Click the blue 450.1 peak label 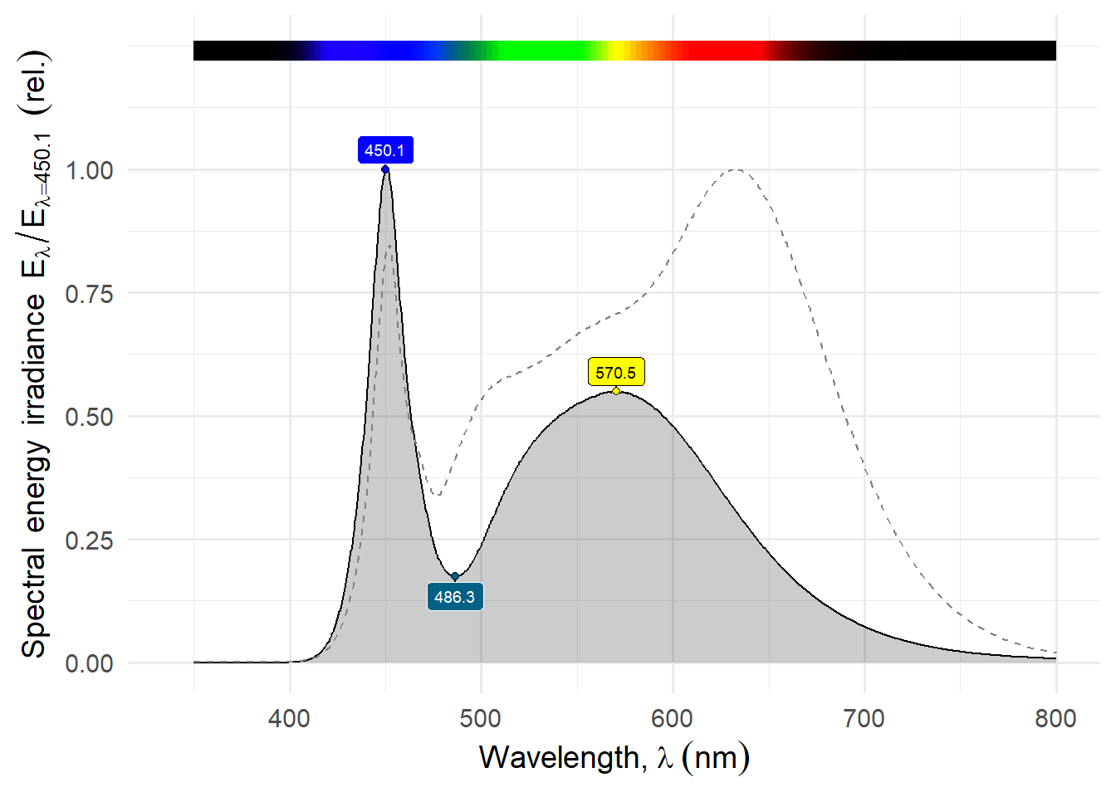385,150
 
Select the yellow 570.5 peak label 615,373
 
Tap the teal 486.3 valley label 455,597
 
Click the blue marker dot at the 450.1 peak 385,169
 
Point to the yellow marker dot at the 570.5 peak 616,391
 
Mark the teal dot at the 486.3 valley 455,576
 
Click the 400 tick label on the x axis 290,718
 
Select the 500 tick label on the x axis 481,718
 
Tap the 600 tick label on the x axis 673,718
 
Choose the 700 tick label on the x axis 864,718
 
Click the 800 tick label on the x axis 1055,718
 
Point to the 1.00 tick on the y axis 90,170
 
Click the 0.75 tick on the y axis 90,293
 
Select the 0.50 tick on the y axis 90,417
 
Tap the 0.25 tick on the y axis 90,540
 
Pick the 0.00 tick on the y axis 90,663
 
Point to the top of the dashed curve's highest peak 736,169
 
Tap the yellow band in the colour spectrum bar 617,51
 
